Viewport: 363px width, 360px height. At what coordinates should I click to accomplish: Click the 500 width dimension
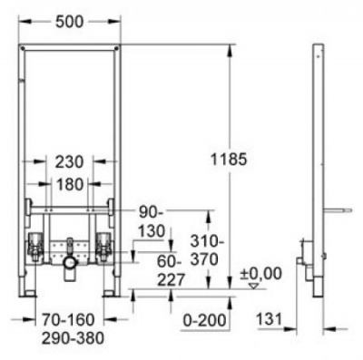tap(69, 22)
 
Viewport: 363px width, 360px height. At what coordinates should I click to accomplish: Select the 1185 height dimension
tap(229, 159)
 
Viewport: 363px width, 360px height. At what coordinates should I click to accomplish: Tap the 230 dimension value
tap(69, 162)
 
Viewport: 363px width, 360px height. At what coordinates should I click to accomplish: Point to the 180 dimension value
tap(69, 184)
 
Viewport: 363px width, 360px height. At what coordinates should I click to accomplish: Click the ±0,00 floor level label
tap(260, 274)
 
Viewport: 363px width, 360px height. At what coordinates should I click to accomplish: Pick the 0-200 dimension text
tap(205, 320)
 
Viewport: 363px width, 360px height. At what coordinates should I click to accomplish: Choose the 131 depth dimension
tap(270, 319)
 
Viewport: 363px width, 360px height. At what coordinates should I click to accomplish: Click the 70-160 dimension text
tap(68, 320)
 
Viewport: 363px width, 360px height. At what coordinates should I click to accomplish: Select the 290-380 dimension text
tap(73, 338)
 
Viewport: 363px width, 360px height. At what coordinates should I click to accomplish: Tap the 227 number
tap(171, 280)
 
